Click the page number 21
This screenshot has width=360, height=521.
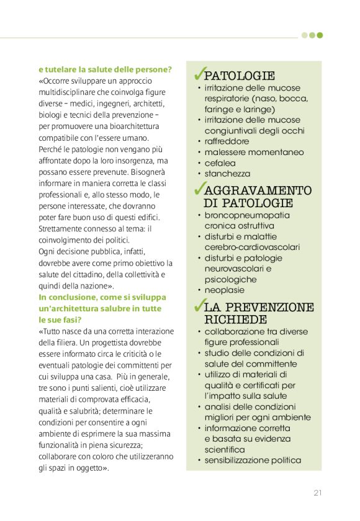click(317, 493)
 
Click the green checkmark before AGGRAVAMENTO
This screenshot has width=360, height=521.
click(199, 188)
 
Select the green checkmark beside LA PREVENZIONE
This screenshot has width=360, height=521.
click(199, 305)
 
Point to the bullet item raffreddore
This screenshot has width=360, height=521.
click(227, 141)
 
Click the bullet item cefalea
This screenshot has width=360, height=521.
click(220, 163)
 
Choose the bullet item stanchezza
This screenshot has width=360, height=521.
click(227, 174)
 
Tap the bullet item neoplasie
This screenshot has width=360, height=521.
click(225, 290)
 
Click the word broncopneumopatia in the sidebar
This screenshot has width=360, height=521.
click(247, 215)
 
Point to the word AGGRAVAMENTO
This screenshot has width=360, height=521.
click(258, 190)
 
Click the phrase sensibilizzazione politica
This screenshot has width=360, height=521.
click(253, 460)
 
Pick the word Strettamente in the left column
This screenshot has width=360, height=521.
click(62, 228)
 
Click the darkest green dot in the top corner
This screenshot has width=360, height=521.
click(320, 35)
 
